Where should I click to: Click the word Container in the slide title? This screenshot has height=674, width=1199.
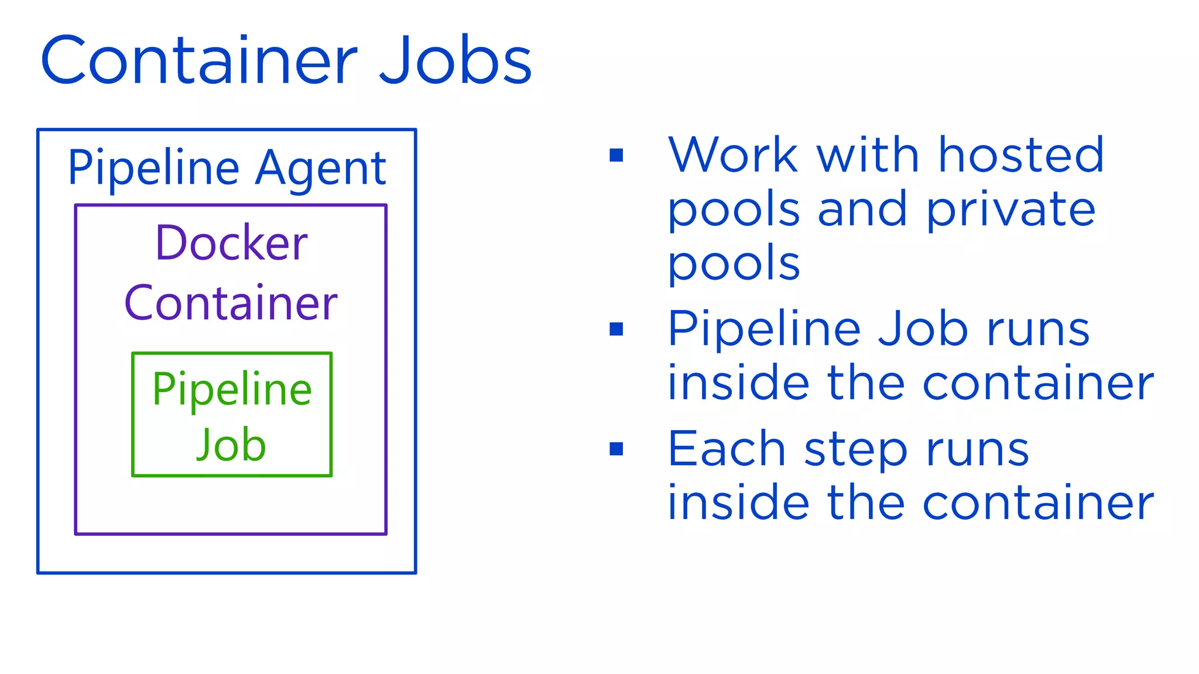(x=199, y=60)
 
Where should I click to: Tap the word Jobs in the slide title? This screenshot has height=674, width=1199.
(x=455, y=60)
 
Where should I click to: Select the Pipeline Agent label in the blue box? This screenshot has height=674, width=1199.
(x=227, y=168)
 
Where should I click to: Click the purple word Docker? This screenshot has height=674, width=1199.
(x=231, y=243)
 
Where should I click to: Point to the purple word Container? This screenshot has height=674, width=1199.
(x=231, y=303)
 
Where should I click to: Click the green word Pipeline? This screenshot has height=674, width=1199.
(x=232, y=390)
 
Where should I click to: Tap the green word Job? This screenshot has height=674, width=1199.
(x=231, y=445)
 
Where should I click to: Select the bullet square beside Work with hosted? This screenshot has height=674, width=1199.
(x=616, y=155)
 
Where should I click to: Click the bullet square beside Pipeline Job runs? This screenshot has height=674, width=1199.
(x=616, y=329)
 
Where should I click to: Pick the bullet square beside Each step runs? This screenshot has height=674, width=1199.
(x=616, y=449)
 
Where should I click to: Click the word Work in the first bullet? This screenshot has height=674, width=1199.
(x=733, y=155)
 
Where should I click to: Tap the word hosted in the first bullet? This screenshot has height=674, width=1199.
(x=1021, y=155)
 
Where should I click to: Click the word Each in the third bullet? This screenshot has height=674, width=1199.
(x=727, y=449)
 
